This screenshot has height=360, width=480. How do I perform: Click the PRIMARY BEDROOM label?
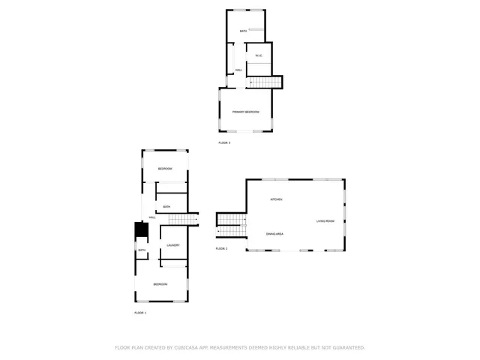245,112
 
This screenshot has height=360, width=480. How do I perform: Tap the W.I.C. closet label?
259,55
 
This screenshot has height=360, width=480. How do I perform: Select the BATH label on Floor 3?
243,31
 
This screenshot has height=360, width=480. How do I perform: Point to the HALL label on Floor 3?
238,70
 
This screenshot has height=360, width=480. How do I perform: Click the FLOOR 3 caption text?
224,142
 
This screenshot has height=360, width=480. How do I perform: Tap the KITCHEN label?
276,199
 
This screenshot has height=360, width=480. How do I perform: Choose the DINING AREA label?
274,235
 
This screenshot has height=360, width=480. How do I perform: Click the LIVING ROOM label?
325,221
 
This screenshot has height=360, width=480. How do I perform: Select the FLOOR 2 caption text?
221,248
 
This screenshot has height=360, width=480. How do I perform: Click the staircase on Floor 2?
231,220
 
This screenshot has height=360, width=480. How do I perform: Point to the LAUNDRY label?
172,245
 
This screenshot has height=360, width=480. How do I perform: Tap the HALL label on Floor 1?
152,217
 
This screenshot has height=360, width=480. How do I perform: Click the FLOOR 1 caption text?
140,312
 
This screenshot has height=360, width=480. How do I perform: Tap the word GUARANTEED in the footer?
348,348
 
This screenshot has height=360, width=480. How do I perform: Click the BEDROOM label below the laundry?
160,284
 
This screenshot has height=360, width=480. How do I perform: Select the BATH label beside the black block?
141,250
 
